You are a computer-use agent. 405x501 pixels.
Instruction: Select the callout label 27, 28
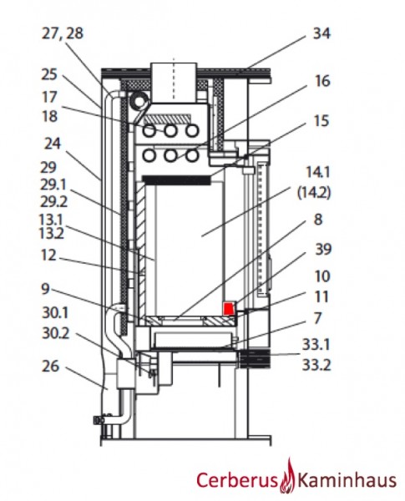(62, 34)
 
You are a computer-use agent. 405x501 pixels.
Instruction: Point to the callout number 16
(321, 81)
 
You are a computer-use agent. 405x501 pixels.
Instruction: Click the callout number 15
(321, 121)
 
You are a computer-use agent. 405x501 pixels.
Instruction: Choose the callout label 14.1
(318, 171)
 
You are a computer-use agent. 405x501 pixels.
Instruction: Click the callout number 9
(50, 290)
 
